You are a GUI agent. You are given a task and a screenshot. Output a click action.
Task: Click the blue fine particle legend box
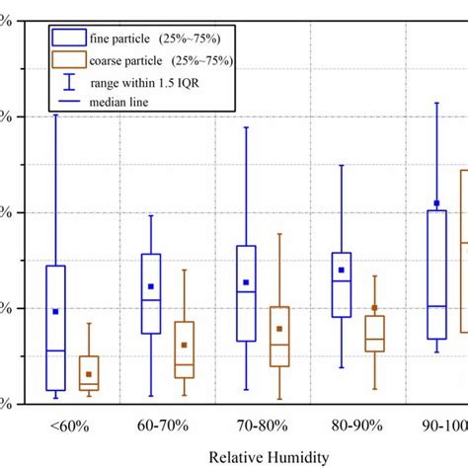click(x=71, y=37)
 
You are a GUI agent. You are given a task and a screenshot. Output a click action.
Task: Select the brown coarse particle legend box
click(x=71, y=59)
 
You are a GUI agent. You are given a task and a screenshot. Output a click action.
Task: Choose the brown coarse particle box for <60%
click(x=89, y=371)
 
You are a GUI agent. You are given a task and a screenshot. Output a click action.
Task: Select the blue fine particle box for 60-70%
click(x=151, y=293)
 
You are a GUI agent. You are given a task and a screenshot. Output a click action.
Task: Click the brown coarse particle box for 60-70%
click(x=185, y=350)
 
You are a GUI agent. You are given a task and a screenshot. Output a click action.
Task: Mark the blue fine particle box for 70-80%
click(x=246, y=293)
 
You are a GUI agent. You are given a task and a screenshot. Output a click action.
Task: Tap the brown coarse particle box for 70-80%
click(x=279, y=337)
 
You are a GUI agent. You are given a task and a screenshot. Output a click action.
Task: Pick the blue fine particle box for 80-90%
click(x=342, y=284)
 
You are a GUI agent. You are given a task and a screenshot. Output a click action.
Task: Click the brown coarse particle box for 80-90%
click(x=375, y=334)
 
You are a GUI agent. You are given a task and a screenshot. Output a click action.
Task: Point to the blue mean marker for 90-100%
click(x=436, y=203)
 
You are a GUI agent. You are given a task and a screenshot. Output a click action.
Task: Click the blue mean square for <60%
click(x=55, y=311)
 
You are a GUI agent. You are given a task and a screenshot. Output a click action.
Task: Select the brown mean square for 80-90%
click(x=375, y=308)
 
